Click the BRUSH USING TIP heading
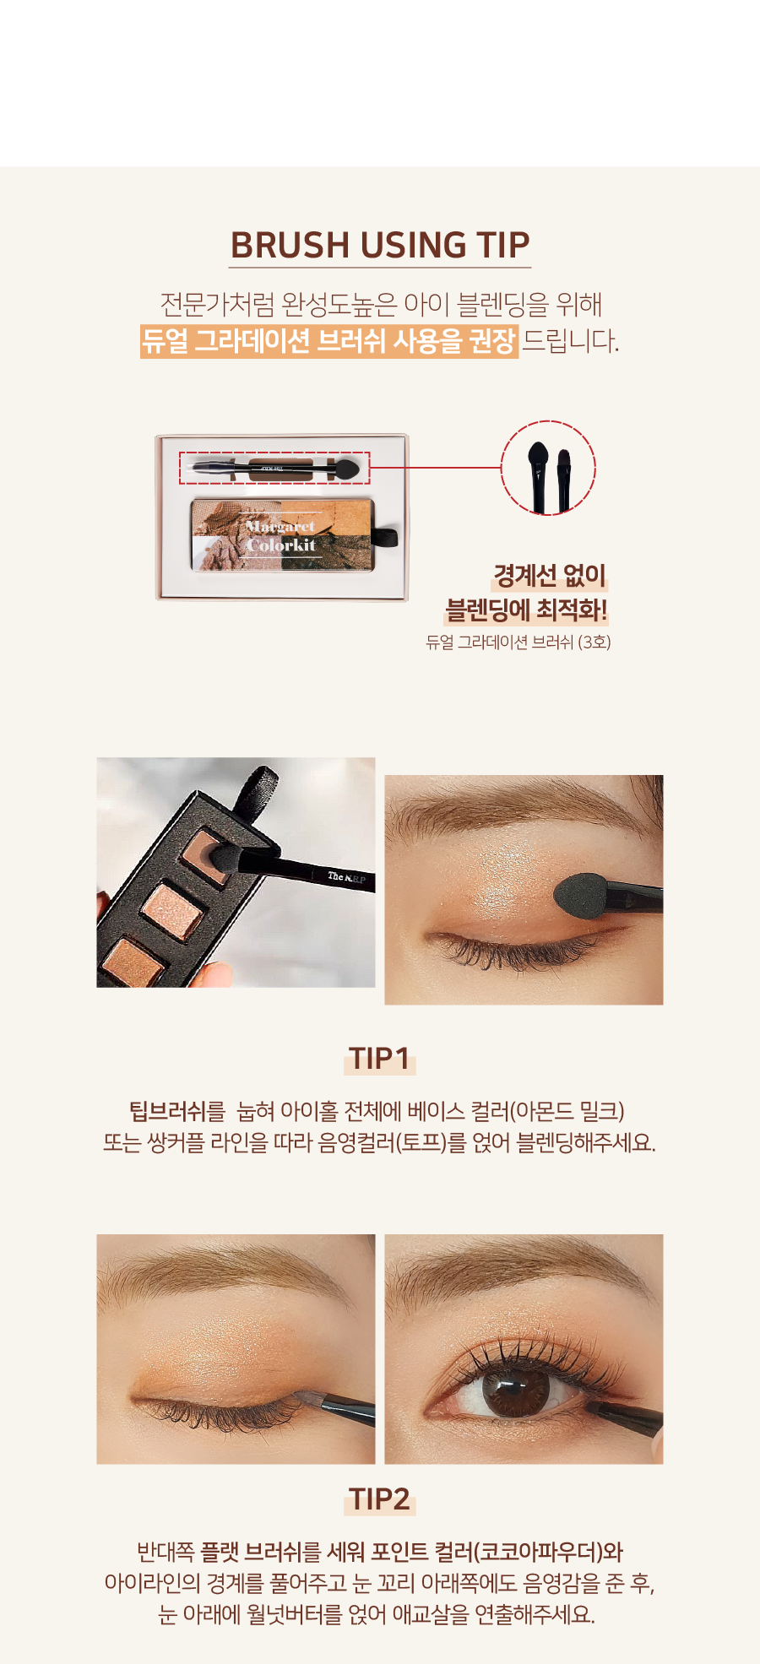click(x=380, y=245)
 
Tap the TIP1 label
click(x=380, y=1058)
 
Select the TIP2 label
click(x=380, y=1499)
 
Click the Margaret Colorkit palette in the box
click(x=282, y=534)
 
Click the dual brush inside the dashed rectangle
click(x=274, y=467)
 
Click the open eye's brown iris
click(x=510, y=1390)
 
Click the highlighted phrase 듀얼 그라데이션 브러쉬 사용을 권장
click(x=329, y=340)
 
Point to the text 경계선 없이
click(x=551, y=576)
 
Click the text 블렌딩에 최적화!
click(x=526, y=610)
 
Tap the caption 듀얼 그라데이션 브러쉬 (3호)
click(x=518, y=642)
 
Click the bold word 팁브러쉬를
click(x=177, y=1111)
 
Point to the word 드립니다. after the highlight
click(x=571, y=340)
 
